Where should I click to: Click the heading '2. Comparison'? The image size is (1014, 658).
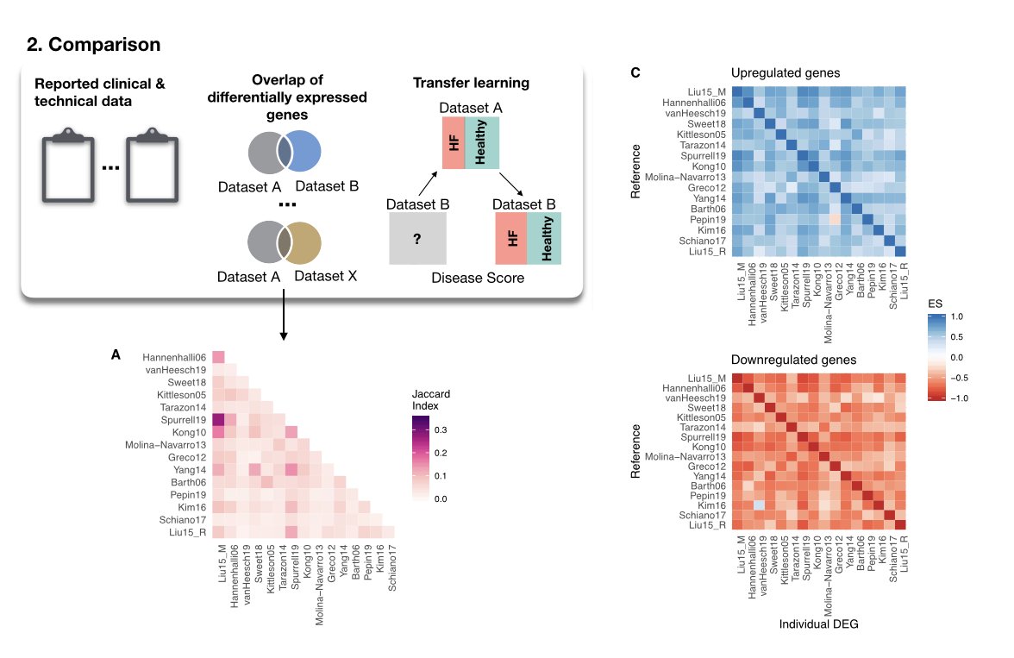(88, 43)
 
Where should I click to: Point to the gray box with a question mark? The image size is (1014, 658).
(417, 238)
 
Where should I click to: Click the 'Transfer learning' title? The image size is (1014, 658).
(470, 83)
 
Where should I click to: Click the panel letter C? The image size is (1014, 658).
(635, 73)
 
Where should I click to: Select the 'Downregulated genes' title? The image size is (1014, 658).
(781, 360)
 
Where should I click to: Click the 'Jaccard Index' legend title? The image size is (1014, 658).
(430, 398)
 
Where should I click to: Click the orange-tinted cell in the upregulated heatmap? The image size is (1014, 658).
(835, 219)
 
